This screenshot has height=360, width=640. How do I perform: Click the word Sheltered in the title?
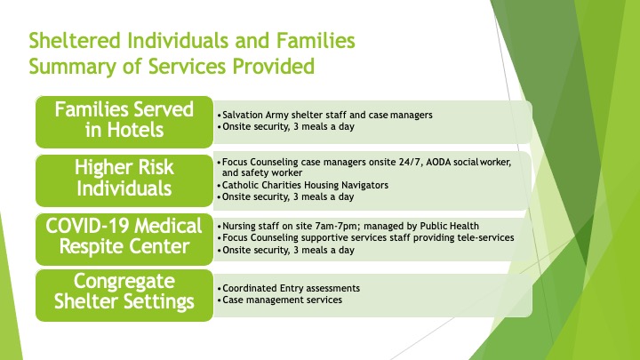click(75, 41)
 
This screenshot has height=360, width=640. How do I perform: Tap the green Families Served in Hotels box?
click(124, 122)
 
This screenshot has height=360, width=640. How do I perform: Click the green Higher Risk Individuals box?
click(124, 180)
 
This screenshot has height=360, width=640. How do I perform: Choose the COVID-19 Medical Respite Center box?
click(124, 239)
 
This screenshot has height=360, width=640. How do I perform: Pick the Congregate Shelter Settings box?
click(124, 295)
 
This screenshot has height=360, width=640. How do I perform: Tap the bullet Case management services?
click(282, 300)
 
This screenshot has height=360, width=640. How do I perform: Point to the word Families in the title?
click(316, 41)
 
